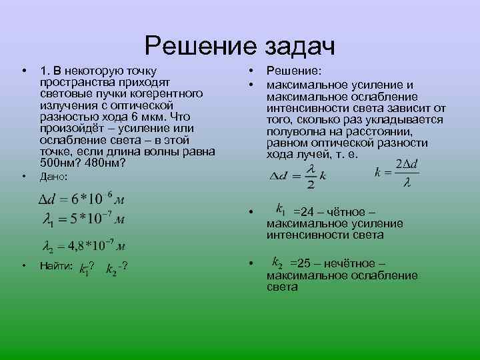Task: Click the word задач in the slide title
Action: tap(299, 47)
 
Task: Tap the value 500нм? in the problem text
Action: tap(60, 163)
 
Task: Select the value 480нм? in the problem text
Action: tap(105, 163)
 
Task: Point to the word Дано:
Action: tap(54, 177)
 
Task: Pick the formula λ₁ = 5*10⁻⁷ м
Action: tap(84, 219)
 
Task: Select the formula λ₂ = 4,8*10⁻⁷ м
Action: tap(84, 245)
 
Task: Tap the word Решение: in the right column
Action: tap(294, 69)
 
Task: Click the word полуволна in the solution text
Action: tap(294, 131)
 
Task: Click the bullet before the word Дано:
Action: tap(23, 177)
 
